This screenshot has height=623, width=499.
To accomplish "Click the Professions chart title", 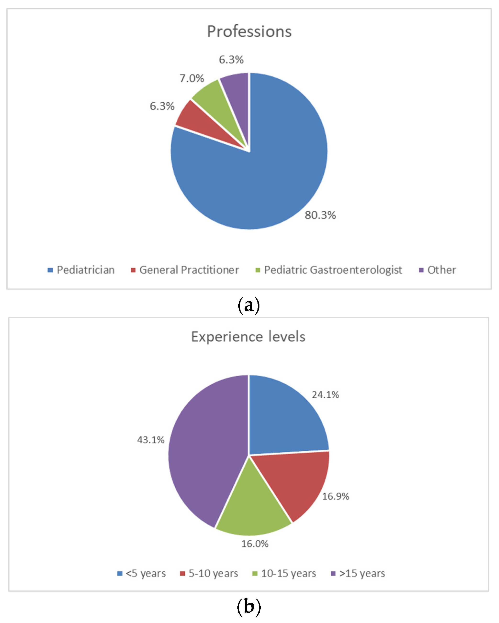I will click(x=249, y=31).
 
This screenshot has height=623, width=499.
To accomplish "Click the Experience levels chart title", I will click(x=248, y=337).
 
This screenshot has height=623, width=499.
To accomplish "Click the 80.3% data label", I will click(x=320, y=215).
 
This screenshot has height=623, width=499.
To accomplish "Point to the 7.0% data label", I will click(x=192, y=78).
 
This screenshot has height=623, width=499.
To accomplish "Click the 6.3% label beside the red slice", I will click(x=162, y=106).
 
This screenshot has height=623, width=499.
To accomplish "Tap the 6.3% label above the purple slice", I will click(x=231, y=60).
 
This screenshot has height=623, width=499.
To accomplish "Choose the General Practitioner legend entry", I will click(x=185, y=270).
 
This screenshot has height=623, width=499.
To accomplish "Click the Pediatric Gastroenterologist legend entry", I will click(x=329, y=270).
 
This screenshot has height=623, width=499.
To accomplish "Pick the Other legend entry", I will click(x=437, y=270).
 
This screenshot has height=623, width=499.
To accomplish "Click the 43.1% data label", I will click(x=151, y=440).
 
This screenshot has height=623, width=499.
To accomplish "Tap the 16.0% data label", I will click(x=255, y=544).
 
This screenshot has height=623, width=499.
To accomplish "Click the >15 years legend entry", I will click(x=358, y=573).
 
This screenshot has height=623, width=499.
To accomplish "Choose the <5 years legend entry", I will click(x=141, y=573).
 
